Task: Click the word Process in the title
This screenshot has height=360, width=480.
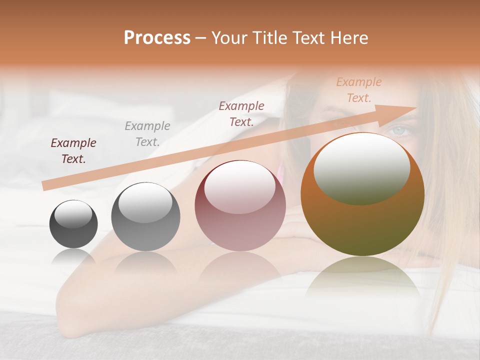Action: pyautogui.click(x=157, y=37)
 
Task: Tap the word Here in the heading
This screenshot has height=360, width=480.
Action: pyautogui.click(x=348, y=37)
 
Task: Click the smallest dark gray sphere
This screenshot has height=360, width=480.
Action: pyautogui.click(x=73, y=224)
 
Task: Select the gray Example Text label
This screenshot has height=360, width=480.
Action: pyautogui.click(x=147, y=133)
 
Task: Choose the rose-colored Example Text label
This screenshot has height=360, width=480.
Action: pyautogui.click(x=241, y=113)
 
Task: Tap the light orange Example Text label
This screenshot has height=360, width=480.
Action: pyautogui.click(x=359, y=90)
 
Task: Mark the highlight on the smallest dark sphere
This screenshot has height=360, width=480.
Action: pyautogui.click(x=73, y=214)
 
